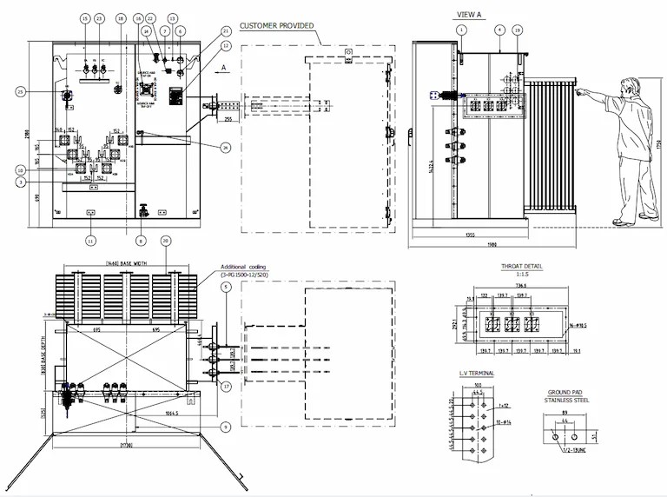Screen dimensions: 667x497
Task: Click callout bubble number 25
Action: tap(20, 90)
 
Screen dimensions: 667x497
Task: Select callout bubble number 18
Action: tap(120, 18)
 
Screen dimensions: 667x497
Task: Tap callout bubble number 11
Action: tap(89, 241)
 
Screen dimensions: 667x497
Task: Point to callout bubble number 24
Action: tap(225, 148)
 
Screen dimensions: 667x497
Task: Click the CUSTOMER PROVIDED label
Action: tap(276, 26)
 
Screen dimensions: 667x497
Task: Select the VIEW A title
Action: tap(470, 14)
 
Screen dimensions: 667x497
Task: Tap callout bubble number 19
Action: tap(518, 30)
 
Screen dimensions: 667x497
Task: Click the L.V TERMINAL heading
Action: tap(476, 373)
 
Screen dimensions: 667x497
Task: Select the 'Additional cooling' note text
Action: tap(244, 267)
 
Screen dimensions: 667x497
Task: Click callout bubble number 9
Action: tap(225, 426)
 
